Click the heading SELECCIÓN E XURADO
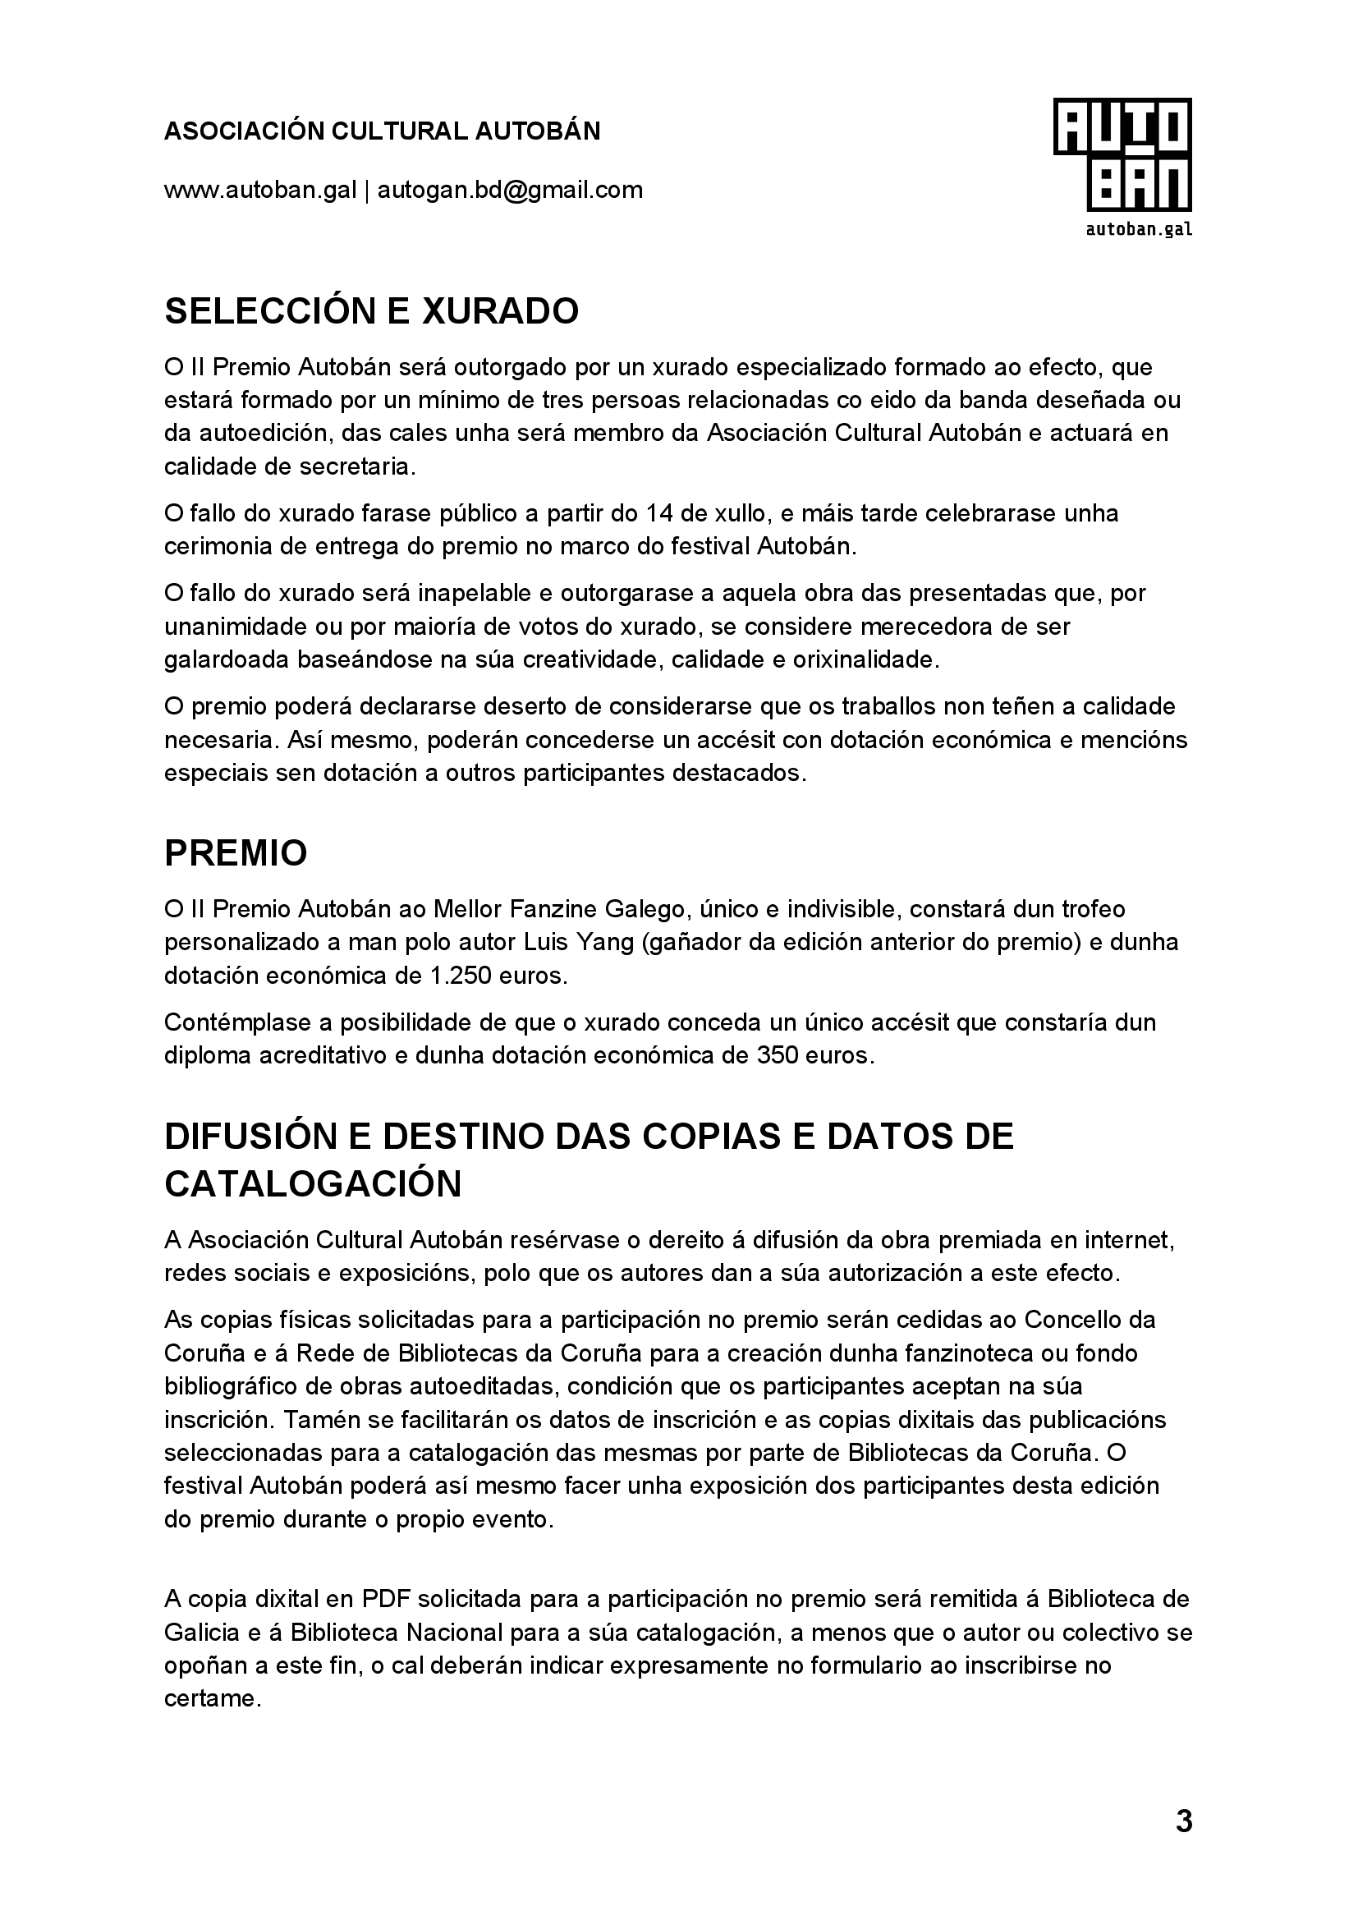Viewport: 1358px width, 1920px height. (371, 312)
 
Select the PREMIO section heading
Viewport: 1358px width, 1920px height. (236, 854)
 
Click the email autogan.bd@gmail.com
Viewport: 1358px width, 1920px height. (510, 191)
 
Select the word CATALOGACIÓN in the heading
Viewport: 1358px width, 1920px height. (313, 1184)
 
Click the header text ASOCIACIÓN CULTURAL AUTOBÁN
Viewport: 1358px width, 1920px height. (382, 131)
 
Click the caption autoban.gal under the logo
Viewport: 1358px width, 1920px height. (1138, 229)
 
